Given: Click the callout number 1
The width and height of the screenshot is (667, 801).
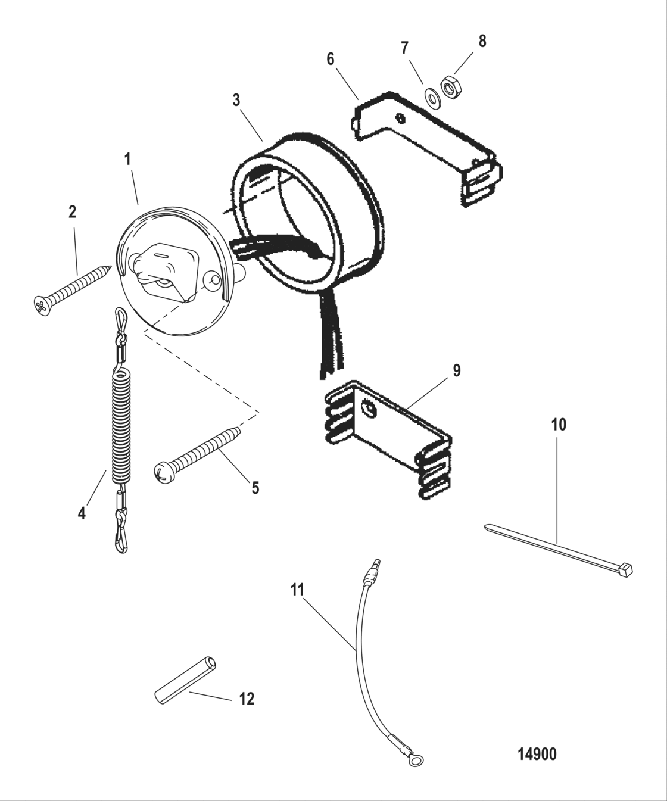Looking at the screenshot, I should pos(127,160).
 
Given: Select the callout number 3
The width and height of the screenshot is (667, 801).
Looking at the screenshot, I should pos(236,100).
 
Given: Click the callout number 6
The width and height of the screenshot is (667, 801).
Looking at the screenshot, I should pos(331,59).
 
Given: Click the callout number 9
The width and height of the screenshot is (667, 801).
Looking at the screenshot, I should pos(456,370).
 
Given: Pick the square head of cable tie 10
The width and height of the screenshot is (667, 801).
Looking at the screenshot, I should pos(625,569).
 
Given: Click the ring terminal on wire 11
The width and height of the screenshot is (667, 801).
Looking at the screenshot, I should pos(419,759).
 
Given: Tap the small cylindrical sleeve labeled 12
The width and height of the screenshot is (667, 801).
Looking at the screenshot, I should pos(185,681).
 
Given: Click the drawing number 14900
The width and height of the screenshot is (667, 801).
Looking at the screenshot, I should pos(537,754).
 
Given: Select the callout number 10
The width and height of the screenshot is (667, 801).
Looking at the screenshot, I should pos(558,425).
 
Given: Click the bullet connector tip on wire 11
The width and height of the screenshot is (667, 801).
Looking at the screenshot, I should pos(375,563).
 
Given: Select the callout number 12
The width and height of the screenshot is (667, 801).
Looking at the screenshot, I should pos(247,699).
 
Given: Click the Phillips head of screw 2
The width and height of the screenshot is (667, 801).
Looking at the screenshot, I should pos(40,307).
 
